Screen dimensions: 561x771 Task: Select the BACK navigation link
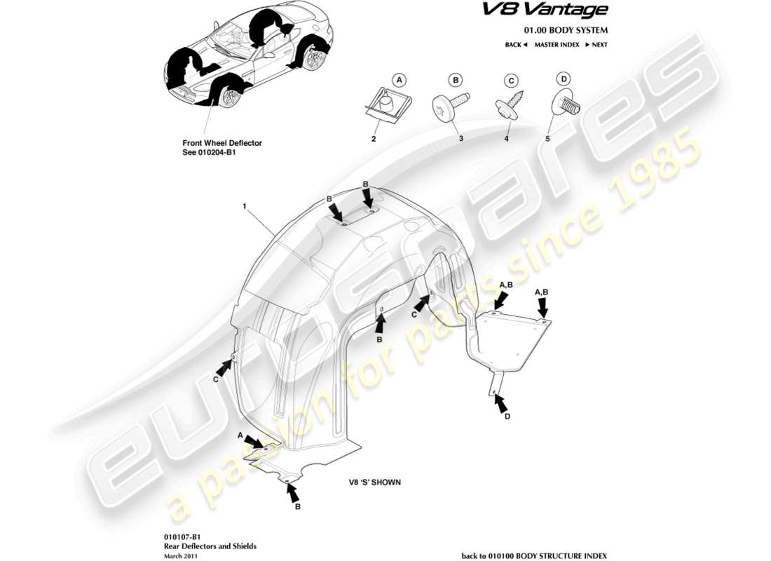tap(516, 45)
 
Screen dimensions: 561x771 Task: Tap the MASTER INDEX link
tap(557, 45)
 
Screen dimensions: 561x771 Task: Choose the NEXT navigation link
tap(596, 45)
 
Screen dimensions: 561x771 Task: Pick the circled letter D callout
tap(564, 79)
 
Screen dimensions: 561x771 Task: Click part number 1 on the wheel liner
tap(245, 207)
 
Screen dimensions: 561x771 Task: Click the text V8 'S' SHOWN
tap(374, 482)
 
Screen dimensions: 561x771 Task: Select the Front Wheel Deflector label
tap(221, 143)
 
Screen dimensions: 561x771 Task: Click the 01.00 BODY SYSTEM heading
tap(566, 30)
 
